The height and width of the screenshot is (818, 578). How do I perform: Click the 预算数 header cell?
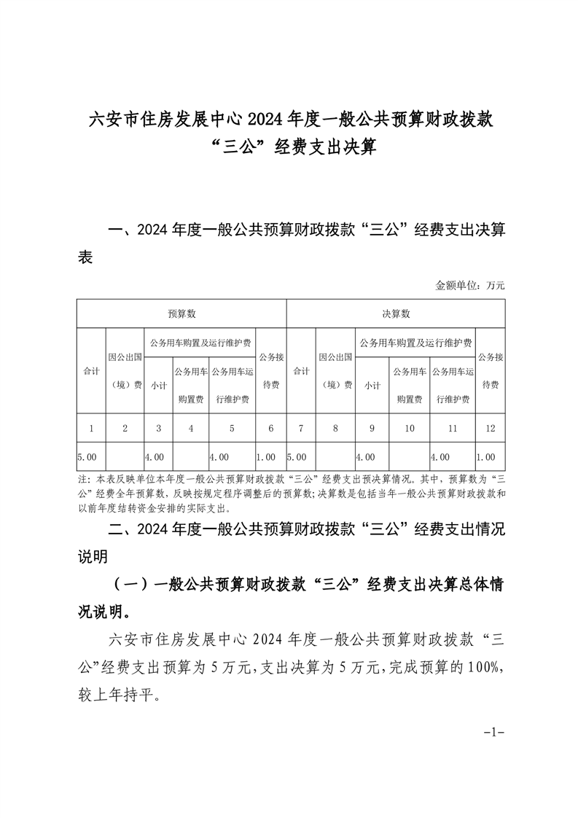pyautogui.click(x=181, y=313)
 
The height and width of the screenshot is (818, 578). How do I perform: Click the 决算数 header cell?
pyautogui.click(x=396, y=313)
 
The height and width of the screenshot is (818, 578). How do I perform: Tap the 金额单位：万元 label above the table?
pyautogui.click(x=469, y=285)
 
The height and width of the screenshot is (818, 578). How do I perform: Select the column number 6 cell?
pyautogui.click(x=271, y=428)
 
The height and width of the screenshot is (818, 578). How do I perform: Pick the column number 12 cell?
pyautogui.click(x=489, y=428)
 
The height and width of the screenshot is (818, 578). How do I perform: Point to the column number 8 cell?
pyautogui.click(x=335, y=428)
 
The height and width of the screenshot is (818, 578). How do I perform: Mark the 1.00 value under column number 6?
pyautogui.click(x=266, y=457)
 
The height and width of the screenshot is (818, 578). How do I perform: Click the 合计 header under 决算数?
pyautogui.click(x=301, y=370)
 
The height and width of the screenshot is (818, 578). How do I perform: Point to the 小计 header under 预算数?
pyautogui.click(x=158, y=385)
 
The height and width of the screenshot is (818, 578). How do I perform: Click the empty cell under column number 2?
pyautogui.click(x=125, y=457)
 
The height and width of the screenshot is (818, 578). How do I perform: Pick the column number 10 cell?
pyautogui.click(x=410, y=428)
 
